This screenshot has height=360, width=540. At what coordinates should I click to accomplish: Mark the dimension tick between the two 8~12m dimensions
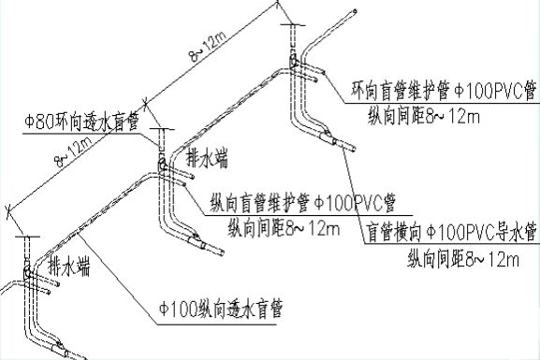point(144,104)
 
